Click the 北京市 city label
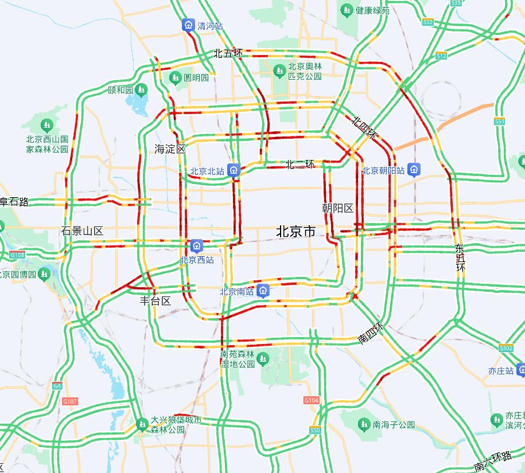[295, 232]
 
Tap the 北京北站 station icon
[233, 170]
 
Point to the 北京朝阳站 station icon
[415, 170]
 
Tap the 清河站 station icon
[188, 26]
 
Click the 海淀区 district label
[170, 149]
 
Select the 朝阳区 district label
[337, 208]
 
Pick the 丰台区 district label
[155, 300]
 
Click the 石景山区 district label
[82, 231]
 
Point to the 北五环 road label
[228, 53]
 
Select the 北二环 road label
[300, 165]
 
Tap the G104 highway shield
[311, 400]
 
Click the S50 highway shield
[314, 430]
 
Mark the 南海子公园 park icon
[363, 424]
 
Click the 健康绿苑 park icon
[347, 10]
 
